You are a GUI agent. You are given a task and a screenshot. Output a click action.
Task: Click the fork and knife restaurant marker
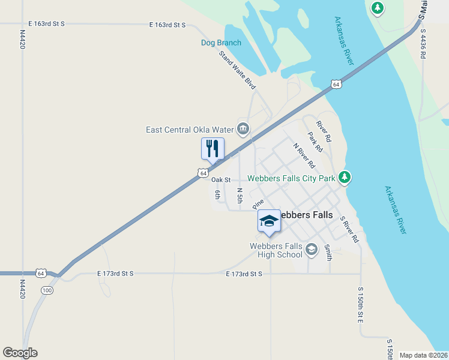pos(212,148)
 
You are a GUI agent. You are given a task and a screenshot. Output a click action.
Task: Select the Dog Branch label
pos(221,43)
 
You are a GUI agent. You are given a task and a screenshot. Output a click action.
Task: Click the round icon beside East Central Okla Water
pos(243,128)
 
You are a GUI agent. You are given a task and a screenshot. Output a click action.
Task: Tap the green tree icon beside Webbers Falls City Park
pos(344,177)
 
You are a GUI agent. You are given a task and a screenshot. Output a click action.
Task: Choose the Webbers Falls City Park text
pos(291,178)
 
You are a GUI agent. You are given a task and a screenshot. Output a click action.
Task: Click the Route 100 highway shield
pos(47,290)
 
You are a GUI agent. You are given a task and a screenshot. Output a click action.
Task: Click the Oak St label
pos(221,179)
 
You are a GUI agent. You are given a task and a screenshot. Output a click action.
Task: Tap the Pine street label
pos(258,204)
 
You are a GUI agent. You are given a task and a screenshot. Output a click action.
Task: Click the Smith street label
pos(328,251)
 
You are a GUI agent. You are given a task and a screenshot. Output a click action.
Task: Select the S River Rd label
pos(349,230)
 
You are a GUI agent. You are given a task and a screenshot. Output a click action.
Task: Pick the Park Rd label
pos(315,142)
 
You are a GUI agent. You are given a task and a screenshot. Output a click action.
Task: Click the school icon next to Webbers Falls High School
pos(311,249)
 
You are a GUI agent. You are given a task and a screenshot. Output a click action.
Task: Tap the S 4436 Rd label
pos(423,44)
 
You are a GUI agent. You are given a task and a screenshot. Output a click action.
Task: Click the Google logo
pos(20,353)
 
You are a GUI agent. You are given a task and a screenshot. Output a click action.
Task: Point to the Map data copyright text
pos(423,355)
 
